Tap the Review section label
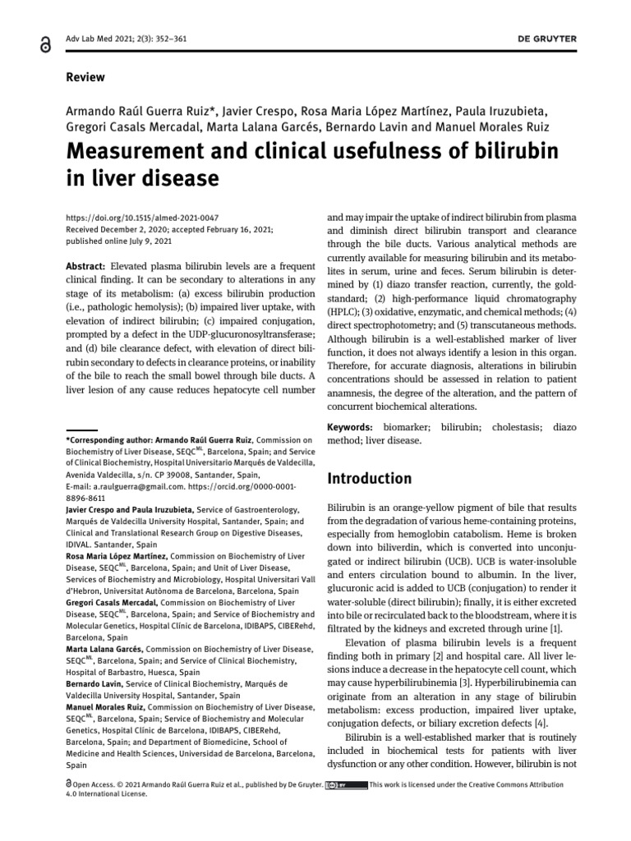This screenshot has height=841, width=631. pos(85,77)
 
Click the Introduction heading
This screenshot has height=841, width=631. pos(369,478)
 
